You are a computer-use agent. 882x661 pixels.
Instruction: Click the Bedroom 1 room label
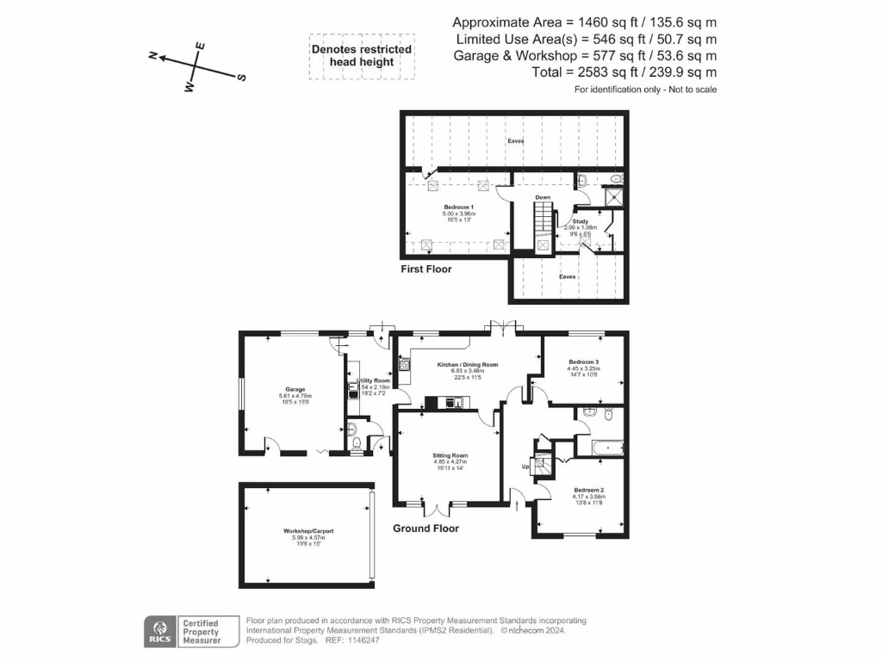(x=458, y=207)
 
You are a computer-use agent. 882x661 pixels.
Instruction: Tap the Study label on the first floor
(x=581, y=221)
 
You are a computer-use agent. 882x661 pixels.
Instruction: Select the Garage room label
(x=295, y=390)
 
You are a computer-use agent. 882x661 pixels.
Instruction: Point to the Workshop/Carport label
(x=307, y=531)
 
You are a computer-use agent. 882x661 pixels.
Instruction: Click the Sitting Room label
(x=450, y=455)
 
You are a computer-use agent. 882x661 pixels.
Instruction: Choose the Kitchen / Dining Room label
(x=468, y=365)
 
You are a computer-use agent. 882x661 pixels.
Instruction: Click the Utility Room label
(x=374, y=380)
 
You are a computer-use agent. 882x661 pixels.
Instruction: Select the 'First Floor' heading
(x=425, y=269)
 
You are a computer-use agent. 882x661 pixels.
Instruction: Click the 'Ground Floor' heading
(x=425, y=528)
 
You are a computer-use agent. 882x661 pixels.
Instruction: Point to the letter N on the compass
(x=152, y=56)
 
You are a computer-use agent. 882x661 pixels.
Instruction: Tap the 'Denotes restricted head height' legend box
(x=361, y=56)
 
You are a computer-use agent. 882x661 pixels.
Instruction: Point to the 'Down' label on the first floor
(x=543, y=198)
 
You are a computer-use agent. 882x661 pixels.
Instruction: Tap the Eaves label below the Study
(x=567, y=277)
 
